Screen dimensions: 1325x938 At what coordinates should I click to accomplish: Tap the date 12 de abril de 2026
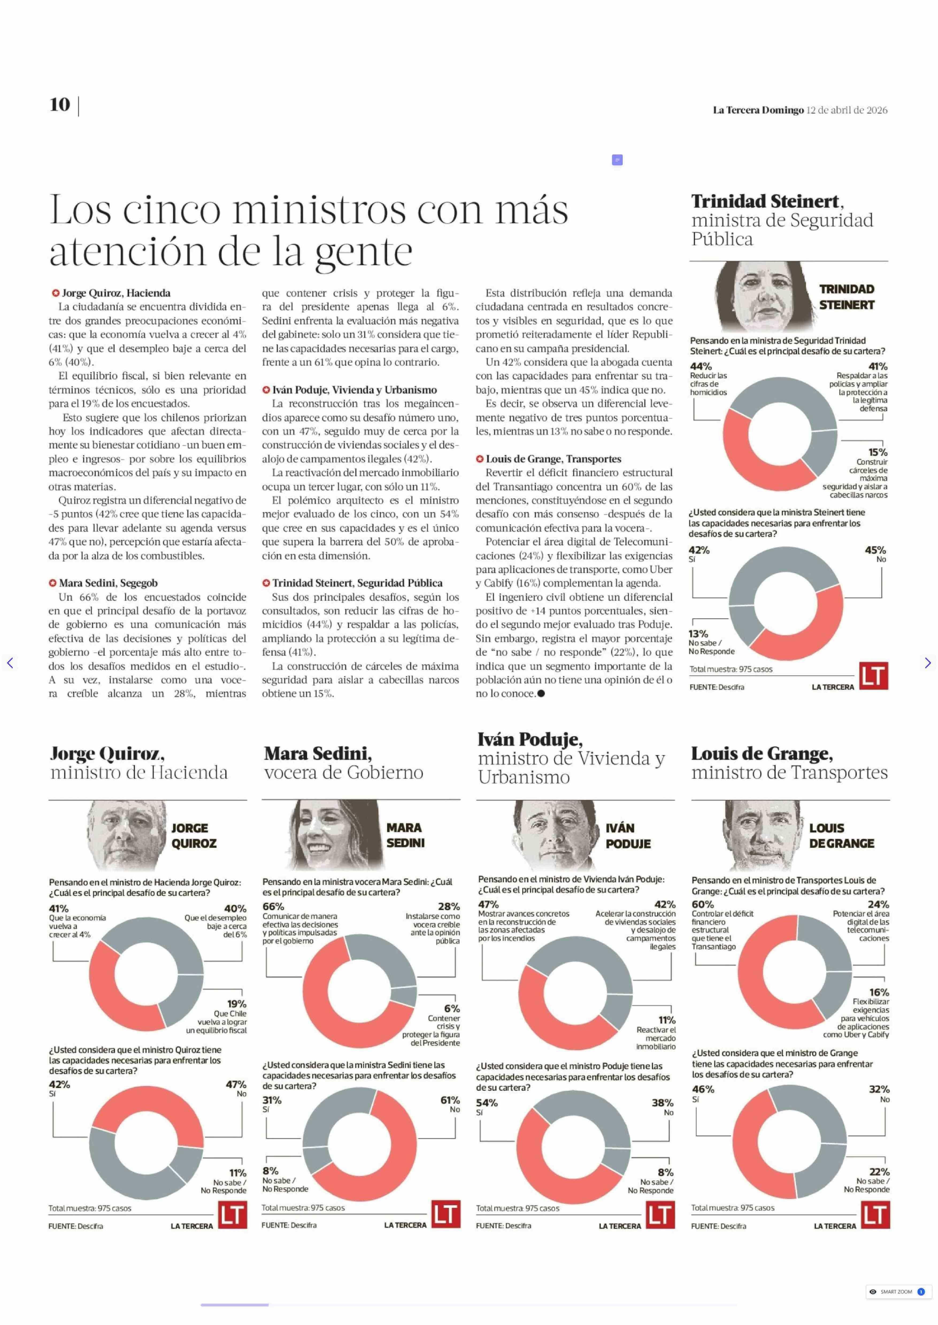click(847, 110)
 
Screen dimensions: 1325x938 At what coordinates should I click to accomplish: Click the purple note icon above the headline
click(617, 160)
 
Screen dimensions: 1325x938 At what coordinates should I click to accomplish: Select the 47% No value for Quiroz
click(236, 1084)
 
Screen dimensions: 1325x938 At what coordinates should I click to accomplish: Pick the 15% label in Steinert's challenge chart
click(877, 452)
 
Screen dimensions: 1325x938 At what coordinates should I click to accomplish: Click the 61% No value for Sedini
click(450, 1100)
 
